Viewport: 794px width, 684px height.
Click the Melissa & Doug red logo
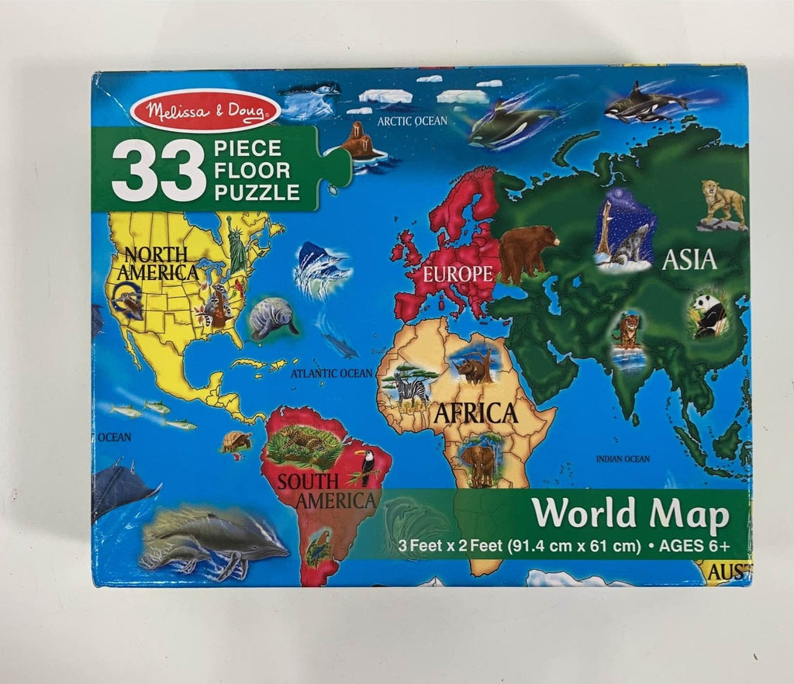click(x=205, y=111)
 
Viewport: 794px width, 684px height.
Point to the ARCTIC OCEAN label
click(x=412, y=121)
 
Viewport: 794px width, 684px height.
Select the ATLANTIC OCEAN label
click(x=332, y=374)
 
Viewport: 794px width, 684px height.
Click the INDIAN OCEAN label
click(x=623, y=459)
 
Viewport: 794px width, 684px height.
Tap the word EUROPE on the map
click(x=457, y=273)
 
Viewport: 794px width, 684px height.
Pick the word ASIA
click(x=689, y=259)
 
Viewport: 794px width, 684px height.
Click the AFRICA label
click(x=475, y=413)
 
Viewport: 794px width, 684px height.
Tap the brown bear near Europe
click(x=527, y=250)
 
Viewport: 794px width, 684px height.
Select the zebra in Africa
click(x=409, y=385)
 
